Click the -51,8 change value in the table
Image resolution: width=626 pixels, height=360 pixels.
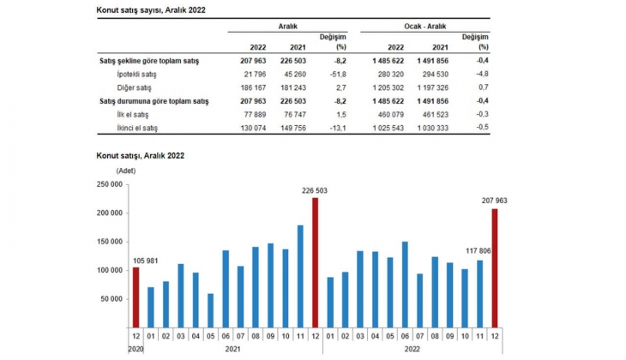(x=334, y=75)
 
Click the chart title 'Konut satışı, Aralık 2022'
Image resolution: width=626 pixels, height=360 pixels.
(x=139, y=156)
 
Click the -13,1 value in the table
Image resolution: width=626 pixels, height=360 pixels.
(x=334, y=128)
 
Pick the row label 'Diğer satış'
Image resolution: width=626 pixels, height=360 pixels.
(x=133, y=88)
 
